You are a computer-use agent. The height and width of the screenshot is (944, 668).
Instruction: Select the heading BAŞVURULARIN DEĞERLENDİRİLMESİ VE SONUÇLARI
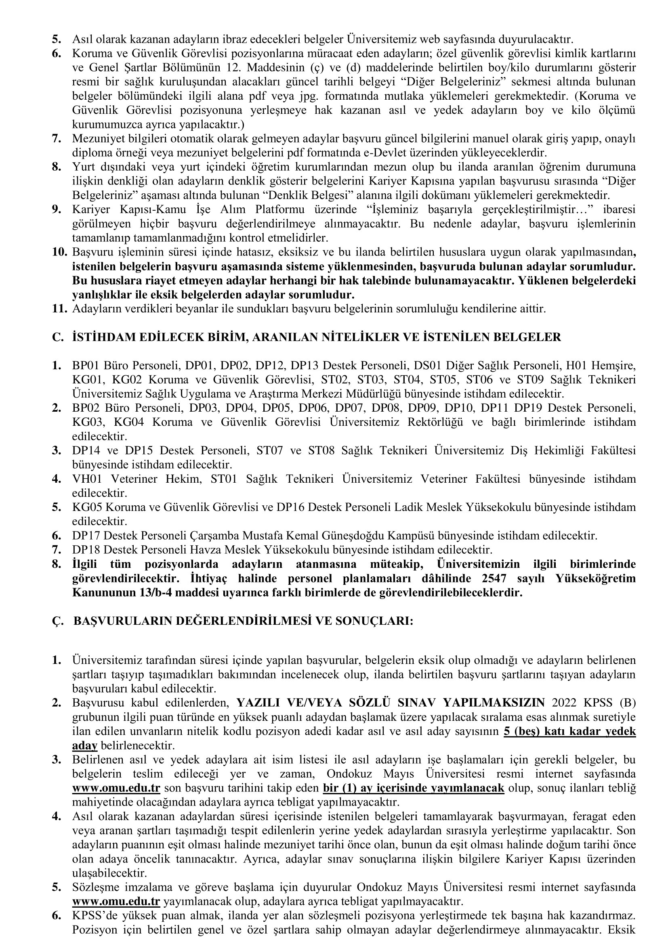click(x=243, y=621)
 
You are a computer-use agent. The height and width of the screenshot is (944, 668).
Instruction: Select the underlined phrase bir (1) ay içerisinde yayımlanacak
click(x=414, y=788)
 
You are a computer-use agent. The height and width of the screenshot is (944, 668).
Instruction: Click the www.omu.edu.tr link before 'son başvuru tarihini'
click(x=116, y=788)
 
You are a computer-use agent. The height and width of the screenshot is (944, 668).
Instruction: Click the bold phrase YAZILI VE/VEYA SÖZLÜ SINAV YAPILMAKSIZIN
click(x=391, y=703)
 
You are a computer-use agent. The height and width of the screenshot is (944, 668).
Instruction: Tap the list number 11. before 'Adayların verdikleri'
click(x=60, y=309)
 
